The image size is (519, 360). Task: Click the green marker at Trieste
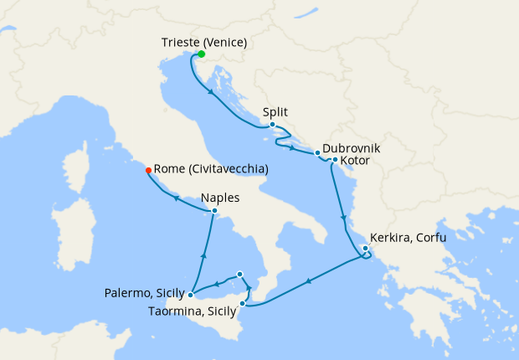click(201, 54)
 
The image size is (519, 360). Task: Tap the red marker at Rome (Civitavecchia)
click(148, 170)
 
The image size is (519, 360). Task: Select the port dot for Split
click(273, 125)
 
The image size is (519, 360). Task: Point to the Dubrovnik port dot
click(317, 154)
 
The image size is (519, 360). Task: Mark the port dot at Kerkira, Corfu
click(365, 248)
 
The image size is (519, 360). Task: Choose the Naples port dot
click(215, 211)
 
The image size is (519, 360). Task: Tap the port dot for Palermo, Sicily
click(192, 294)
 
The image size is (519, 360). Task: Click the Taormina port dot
click(243, 303)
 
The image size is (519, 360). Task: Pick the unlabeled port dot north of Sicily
click(240, 274)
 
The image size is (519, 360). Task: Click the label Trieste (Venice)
click(206, 42)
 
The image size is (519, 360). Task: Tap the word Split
click(275, 111)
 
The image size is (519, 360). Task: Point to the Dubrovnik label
click(352, 147)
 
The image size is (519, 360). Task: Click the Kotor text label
click(356, 160)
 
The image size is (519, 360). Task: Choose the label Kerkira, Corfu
click(409, 238)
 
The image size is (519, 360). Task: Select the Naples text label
click(221, 198)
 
